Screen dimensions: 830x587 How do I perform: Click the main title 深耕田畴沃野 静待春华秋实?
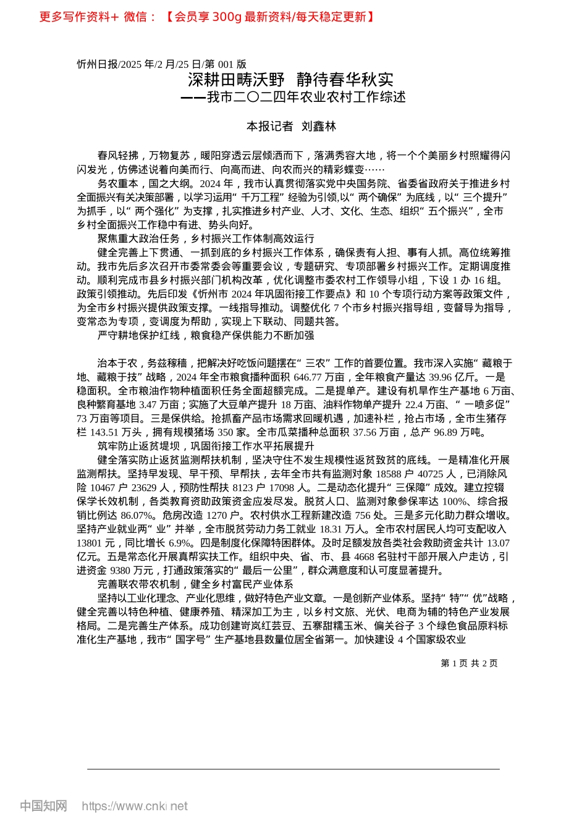click(x=290, y=80)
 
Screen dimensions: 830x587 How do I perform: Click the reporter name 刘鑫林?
click(x=319, y=127)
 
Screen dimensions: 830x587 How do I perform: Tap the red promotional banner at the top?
click(x=207, y=17)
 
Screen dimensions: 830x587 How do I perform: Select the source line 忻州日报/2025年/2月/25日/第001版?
click(x=162, y=64)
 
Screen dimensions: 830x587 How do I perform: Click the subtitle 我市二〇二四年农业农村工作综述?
click(x=306, y=97)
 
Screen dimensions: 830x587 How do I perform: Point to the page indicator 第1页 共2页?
click(x=469, y=663)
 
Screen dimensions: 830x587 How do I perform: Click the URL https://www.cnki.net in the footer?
click(x=135, y=806)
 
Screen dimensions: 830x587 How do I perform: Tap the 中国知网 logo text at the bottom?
click(x=43, y=806)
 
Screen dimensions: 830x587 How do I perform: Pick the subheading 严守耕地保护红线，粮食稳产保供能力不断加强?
click(x=206, y=335)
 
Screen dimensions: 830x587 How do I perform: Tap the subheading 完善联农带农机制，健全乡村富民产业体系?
click(x=195, y=584)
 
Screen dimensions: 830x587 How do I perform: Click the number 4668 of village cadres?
click(x=365, y=556)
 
